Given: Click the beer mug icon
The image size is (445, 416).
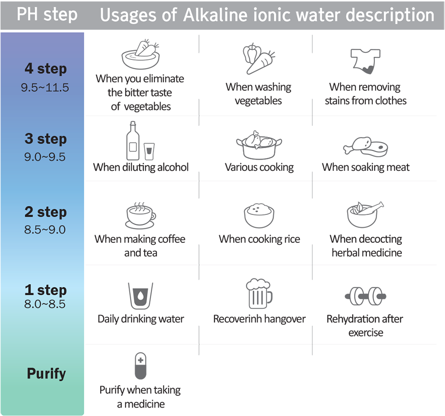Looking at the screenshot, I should tap(259, 293).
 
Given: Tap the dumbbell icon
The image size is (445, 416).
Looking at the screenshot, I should tap(366, 295).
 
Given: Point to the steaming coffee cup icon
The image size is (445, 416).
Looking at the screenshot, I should tap(140, 215).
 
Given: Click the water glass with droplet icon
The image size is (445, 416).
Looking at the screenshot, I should tap(140, 296).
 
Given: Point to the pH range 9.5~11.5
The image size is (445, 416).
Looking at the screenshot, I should tap(45, 87).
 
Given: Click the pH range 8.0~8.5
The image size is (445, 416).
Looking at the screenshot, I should tap(45, 304).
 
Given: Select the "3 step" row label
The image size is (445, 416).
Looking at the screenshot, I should tap(46, 139).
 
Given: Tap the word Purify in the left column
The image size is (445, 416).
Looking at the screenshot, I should tap(46, 373).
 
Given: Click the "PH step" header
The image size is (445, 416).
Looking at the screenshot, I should tap(47, 15).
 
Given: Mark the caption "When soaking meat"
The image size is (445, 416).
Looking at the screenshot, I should tap(365, 167).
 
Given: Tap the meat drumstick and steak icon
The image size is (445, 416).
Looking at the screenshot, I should tap(366, 146).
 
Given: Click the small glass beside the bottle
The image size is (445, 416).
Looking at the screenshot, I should tap(149, 151).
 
